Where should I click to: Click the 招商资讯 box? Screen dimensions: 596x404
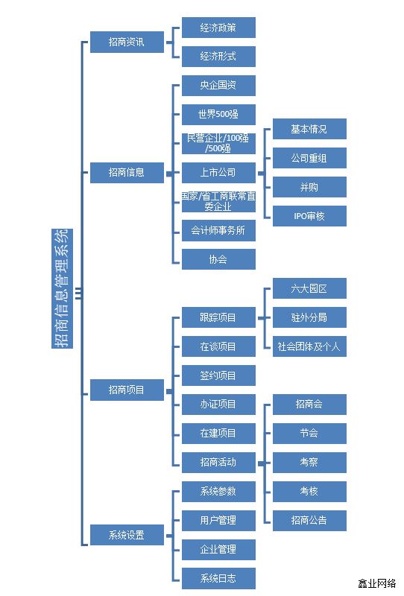[x=127, y=42]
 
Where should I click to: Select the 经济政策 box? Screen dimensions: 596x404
[x=218, y=28]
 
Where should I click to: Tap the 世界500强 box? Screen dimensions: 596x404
[x=218, y=115]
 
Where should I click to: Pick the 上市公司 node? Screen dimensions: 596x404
[x=218, y=173]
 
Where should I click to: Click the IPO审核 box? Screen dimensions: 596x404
[x=309, y=216]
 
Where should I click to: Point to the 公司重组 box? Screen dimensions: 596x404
[x=309, y=158]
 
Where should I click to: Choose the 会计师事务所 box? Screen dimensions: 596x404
[x=218, y=231]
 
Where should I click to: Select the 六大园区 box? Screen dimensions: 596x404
[x=309, y=288]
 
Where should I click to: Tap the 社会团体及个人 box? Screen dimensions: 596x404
[x=309, y=346]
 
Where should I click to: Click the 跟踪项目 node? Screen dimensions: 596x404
[x=218, y=317]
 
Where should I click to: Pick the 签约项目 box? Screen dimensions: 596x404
[x=218, y=375]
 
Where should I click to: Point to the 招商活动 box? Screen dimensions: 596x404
[x=218, y=462]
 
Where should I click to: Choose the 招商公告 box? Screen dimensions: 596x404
[x=309, y=520]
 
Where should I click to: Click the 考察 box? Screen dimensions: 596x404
[x=309, y=462]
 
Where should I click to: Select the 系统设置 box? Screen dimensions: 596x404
[x=127, y=535]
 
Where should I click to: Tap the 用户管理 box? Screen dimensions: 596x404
[x=218, y=520]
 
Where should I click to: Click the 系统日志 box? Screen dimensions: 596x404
[x=218, y=578]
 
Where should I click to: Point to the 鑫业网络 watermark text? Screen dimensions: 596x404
[x=377, y=583]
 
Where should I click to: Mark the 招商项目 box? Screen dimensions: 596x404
[x=127, y=390]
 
